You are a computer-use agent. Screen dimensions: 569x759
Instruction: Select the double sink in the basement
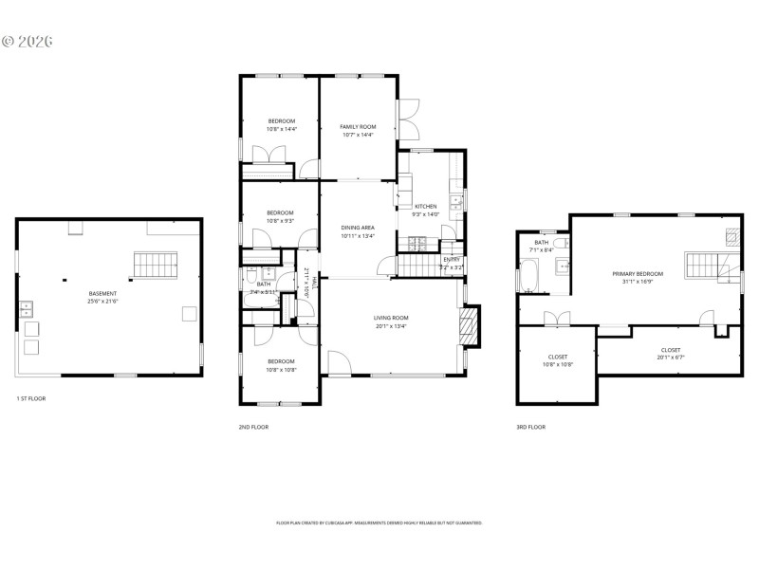coord(26,309)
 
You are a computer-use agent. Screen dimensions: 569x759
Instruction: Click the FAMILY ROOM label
coord(358,126)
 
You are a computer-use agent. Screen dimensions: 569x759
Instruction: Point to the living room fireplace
coord(468,325)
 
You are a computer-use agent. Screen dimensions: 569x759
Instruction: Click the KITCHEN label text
coord(426,206)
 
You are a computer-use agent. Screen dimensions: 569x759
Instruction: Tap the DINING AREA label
coord(358,228)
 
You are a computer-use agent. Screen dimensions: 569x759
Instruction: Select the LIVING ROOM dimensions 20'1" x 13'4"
coord(390,326)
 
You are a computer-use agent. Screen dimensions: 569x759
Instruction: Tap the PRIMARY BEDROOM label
coord(638,273)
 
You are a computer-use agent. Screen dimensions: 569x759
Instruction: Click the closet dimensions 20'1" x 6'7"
coord(670,358)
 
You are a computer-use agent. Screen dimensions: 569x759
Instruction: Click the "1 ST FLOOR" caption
coord(31,398)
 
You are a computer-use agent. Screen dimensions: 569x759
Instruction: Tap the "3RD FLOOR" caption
coord(530,427)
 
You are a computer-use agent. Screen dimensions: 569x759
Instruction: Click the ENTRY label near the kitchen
coord(452,259)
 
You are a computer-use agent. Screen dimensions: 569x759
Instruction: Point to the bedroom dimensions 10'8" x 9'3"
coord(280,216)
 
